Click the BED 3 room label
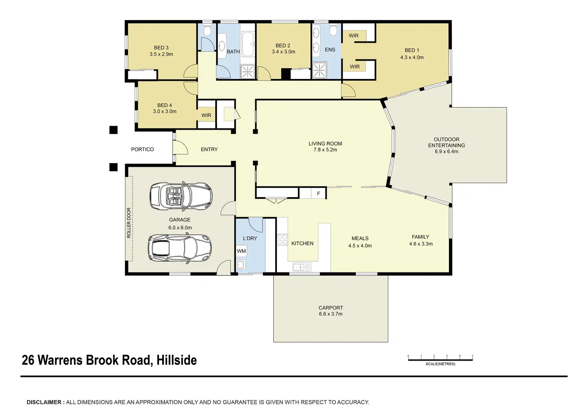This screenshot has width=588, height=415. tap(161, 48)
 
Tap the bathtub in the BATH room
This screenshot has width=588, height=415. tap(248, 44)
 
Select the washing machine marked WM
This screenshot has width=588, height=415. tap(241, 251)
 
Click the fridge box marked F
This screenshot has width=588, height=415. tap(318, 194)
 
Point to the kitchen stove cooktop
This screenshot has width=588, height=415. tap(282, 239)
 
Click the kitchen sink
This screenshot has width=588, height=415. tap(302, 267)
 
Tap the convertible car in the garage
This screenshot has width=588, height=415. tap(181, 196)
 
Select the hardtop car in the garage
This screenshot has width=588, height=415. tap(179, 248)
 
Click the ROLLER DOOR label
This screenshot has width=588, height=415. tap(129, 223)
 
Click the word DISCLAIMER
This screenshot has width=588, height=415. tap(44, 402)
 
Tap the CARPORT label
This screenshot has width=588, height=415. tap(331, 308)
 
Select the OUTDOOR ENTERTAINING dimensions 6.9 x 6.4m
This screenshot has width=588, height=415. tap(447, 152)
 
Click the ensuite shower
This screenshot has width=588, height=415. tap(320, 70)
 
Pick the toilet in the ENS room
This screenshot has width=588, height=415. tap(334, 31)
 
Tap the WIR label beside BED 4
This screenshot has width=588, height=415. tap(207, 115)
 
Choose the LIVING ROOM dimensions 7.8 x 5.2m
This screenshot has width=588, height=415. tap(325, 150)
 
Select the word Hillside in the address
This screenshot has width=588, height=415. tap(177, 360)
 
